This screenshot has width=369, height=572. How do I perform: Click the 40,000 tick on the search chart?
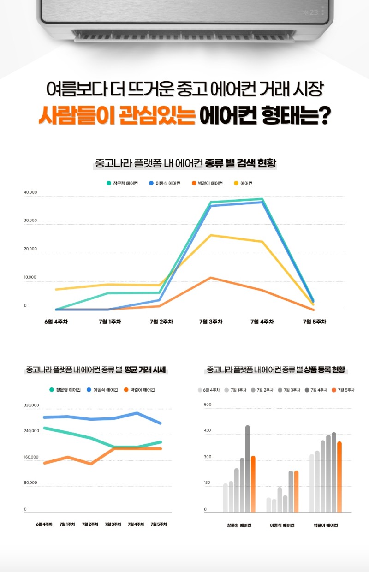(30, 192)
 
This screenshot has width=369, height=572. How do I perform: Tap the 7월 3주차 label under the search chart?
(211, 322)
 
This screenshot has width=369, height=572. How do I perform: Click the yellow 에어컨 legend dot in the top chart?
(236, 183)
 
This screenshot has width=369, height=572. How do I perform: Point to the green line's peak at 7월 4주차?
(262, 199)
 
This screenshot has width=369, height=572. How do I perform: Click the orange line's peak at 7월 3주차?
(211, 278)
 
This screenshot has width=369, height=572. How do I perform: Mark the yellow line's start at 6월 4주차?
(56, 289)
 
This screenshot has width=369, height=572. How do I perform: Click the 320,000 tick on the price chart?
(31, 405)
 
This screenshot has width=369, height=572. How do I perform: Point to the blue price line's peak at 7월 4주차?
(137, 413)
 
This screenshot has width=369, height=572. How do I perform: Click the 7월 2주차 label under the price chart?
(90, 524)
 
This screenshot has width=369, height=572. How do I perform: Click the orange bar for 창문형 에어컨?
(253, 484)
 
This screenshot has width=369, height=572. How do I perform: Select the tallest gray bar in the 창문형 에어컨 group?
(248, 468)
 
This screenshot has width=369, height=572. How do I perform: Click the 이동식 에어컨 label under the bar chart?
(282, 525)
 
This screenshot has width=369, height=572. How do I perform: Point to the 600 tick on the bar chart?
(208, 405)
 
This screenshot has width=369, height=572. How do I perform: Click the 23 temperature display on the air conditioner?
(313, 12)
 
